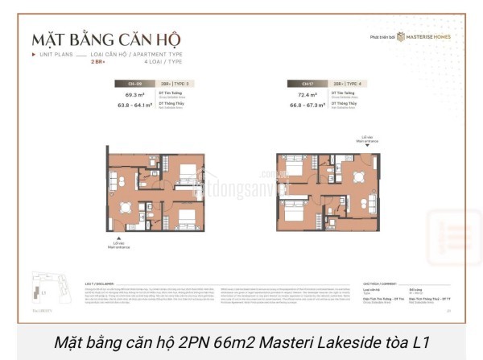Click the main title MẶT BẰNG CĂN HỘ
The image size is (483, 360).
tap(105, 39)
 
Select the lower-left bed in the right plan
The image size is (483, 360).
tap(292, 214)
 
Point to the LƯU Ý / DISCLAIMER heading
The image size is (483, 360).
tap(100, 283)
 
